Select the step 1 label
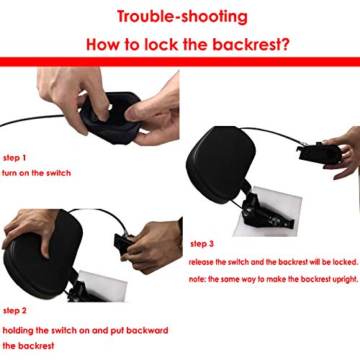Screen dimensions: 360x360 pyautogui.click(x=14, y=156)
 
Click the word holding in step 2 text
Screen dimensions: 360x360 pyautogui.click(x=20, y=330)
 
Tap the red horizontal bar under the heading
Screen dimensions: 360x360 pyautogui.click(x=179, y=63)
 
